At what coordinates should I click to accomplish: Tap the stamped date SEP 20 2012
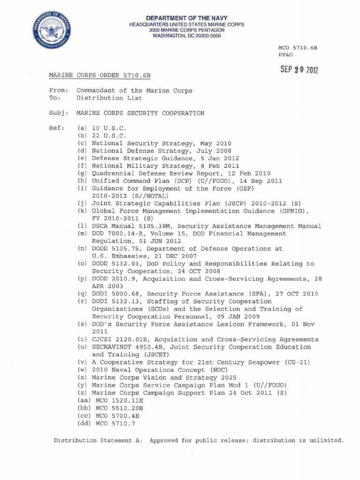click(x=299, y=69)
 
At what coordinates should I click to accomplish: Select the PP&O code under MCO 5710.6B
click(x=286, y=55)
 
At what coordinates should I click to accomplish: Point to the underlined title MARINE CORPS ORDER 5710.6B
click(x=100, y=75)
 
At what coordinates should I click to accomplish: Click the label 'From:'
click(x=59, y=90)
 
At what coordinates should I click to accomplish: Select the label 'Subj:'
click(x=59, y=113)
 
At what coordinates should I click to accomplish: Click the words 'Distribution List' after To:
click(x=109, y=98)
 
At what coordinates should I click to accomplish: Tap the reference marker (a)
click(x=82, y=128)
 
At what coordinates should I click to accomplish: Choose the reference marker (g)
click(x=82, y=173)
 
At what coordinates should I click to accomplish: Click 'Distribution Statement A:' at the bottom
click(x=97, y=441)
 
